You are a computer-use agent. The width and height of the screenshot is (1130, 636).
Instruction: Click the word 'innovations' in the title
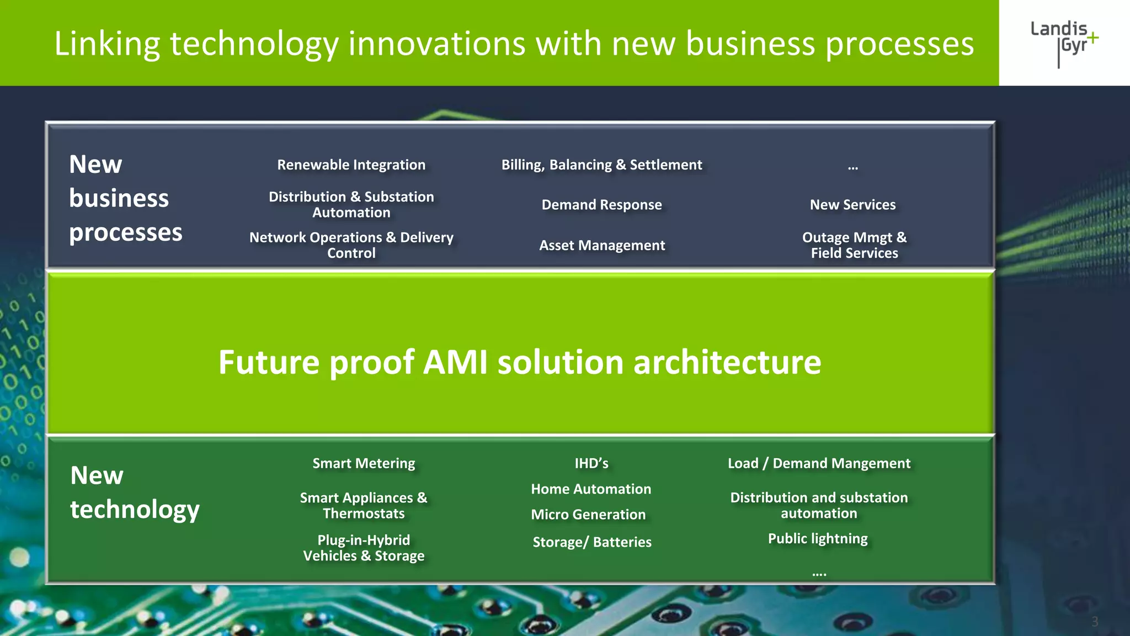click(x=436, y=44)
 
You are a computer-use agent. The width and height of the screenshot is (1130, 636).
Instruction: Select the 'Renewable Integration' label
click(x=351, y=165)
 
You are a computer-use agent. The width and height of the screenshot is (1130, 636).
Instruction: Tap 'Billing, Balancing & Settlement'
click(x=601, y=165)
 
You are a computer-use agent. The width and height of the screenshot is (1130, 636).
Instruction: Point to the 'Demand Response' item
click(x=601, y=205)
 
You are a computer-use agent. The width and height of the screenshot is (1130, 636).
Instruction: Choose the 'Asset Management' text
click(x=602, y=245)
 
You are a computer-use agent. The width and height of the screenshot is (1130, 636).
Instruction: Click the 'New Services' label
click(x=852, y=205)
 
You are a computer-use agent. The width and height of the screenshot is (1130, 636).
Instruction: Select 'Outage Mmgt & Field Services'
click(x=854, y=245)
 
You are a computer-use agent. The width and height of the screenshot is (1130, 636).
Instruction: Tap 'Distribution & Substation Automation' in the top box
click(x=351, y=205)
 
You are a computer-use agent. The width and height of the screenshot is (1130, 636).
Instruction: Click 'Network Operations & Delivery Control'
click(x=351, y=245)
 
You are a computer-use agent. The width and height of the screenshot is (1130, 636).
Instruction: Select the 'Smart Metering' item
click(x=364, y=463)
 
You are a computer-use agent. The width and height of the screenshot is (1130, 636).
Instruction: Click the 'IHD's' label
click(x=591, y=463)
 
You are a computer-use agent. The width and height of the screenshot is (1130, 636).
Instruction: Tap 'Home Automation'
click(x=591, y=489)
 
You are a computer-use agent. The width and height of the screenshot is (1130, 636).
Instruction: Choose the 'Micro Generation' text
click(x=588, y=515)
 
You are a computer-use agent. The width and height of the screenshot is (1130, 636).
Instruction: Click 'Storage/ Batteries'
click(x=592, y=542)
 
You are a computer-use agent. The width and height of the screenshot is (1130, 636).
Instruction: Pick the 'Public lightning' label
click(x=818, y=539)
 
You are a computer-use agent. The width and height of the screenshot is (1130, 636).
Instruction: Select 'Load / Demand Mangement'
click(x=819, y=463)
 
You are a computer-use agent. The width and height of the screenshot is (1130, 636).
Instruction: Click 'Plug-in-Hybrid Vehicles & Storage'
click(x=364, y=548)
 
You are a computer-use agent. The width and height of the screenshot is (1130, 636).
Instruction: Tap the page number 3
click(x=1095, y=622)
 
